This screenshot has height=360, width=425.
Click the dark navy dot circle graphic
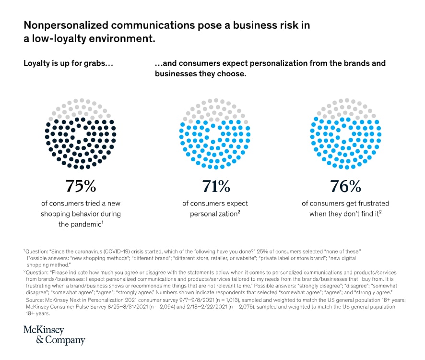click(81, 134)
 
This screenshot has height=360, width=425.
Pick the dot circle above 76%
click(345, 134)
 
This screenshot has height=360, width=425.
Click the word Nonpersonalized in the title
click(67, 26)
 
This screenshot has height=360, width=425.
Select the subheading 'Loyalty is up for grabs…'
click(68, 63)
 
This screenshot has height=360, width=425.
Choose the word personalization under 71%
click(210, 214)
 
